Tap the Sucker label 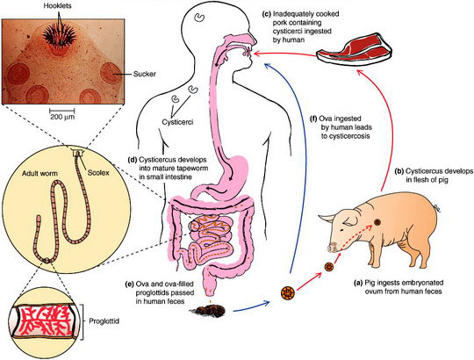[145, 74]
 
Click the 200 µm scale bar [62, 111]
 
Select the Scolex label [98, 173]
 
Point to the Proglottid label [104, 320]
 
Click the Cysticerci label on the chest [177, 122]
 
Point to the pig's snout [332, 248]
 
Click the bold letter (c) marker [268, 14]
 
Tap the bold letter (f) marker [313, 119]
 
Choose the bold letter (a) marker [358, 283]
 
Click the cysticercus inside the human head [199, 17]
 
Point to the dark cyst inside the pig [377, 223]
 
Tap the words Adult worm [39, 174]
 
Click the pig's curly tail [437, 208]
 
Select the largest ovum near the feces [288, 292]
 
